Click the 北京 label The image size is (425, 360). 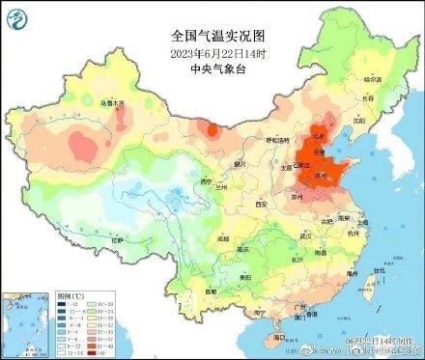(x=317, y=142)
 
